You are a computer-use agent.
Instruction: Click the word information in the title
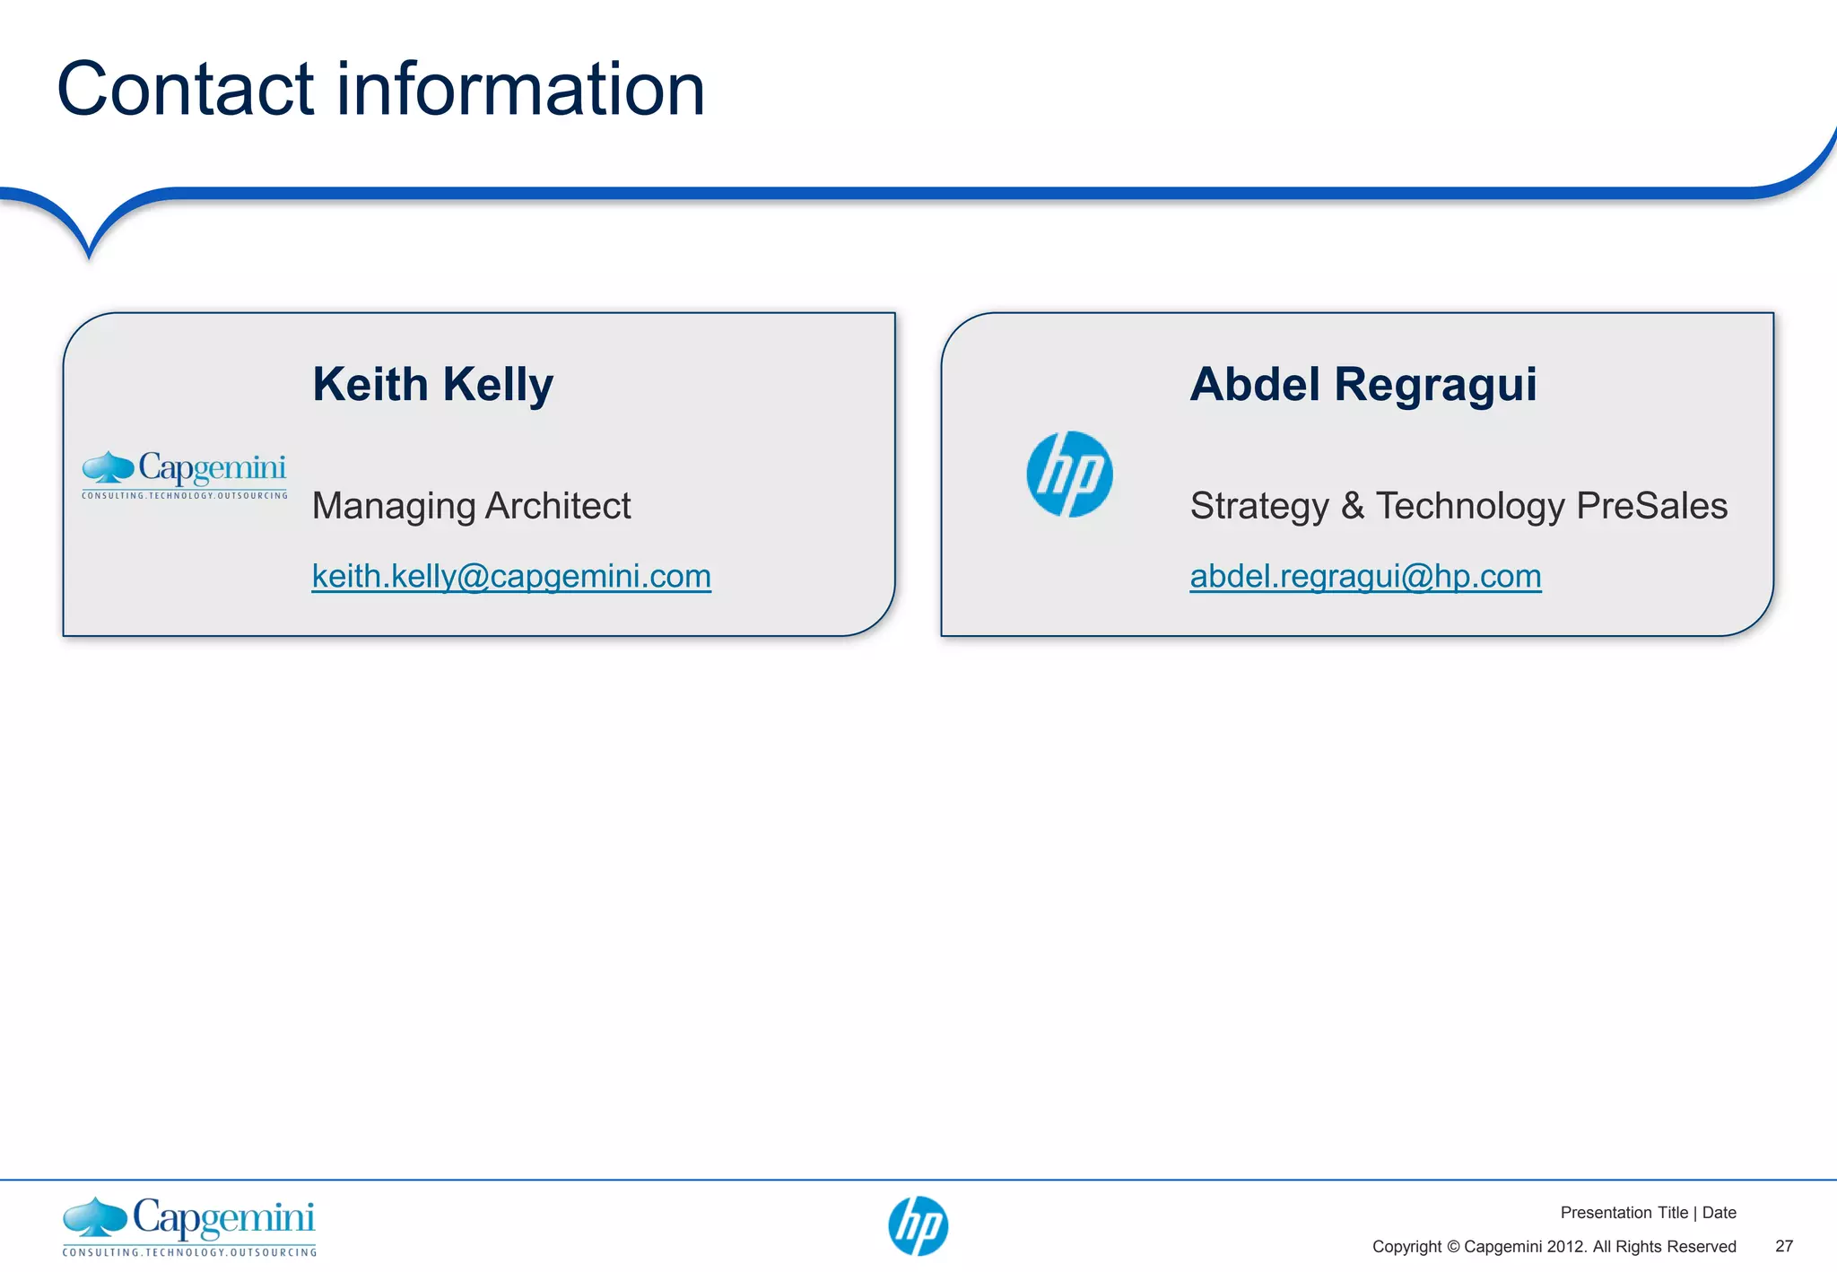(520, 89)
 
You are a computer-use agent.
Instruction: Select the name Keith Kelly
(432, 385)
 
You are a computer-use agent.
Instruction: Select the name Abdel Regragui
(1363, 385)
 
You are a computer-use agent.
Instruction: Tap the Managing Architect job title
(471, 506)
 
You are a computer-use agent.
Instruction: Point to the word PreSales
(1651, 506)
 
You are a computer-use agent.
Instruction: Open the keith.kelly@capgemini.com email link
(511, 576)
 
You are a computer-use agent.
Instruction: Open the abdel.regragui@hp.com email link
(1365, 576)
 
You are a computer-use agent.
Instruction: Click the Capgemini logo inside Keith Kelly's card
(185, 474)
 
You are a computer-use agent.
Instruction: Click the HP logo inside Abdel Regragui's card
(1069, 474)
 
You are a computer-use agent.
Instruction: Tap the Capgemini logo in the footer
(189, 1225)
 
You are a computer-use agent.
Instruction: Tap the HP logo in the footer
(918, 1225)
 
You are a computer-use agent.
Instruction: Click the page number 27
(1784, 1246)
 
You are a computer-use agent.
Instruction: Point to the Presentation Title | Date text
(1648, 1213)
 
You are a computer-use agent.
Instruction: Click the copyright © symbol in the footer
(1453, 1247)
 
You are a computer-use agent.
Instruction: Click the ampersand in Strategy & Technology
(1353, 506)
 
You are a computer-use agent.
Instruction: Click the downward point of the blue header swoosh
(89, 254)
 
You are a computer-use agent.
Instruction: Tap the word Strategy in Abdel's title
(1259, 506)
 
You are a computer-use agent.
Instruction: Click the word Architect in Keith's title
(558, 506)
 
